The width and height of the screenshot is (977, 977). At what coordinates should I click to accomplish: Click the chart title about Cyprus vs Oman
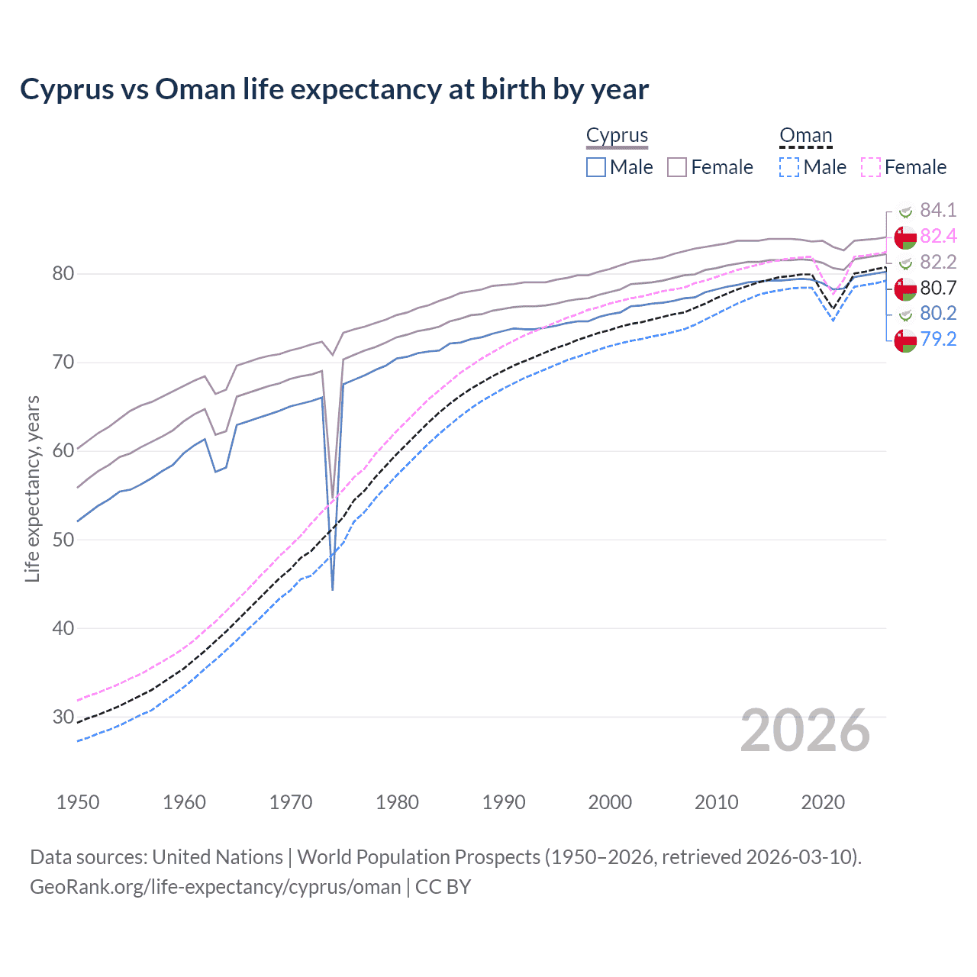[334, 89]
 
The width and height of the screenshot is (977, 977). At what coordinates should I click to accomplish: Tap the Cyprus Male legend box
[596, 167]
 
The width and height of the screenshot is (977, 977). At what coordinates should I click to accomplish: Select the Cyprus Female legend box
[677, 167]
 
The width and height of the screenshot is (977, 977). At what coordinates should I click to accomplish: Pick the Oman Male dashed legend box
[789, 167]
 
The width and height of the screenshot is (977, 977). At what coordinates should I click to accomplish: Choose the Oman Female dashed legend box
[870, 167]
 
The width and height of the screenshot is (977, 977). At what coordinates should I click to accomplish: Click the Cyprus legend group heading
[617, 135]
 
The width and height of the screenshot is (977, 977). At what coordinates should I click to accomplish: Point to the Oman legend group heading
[805, 135]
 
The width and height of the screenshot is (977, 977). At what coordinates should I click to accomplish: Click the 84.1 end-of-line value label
[938, 210]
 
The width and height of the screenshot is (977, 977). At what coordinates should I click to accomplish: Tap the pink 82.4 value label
[938, 236]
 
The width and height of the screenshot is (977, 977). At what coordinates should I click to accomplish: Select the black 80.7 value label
[938, 288]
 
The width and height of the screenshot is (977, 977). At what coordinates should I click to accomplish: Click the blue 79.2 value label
[938, 339]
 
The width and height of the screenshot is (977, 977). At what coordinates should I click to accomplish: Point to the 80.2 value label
[938, 313]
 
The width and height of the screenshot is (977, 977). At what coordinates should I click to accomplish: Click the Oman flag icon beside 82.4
[905, 237]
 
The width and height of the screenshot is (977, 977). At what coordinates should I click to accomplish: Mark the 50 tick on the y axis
[63, 540]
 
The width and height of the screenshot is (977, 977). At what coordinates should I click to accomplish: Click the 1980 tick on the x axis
[397, 802]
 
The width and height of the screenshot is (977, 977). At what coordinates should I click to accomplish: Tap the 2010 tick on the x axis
[716, 802]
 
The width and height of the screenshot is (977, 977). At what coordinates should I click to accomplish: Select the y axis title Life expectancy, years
[32, 488]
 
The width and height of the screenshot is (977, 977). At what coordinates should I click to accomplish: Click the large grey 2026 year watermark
[804, 730]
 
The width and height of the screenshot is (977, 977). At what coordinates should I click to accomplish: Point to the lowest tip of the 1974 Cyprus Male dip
[333, 590]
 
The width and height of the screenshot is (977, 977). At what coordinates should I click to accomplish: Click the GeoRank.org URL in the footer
[215, 887]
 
